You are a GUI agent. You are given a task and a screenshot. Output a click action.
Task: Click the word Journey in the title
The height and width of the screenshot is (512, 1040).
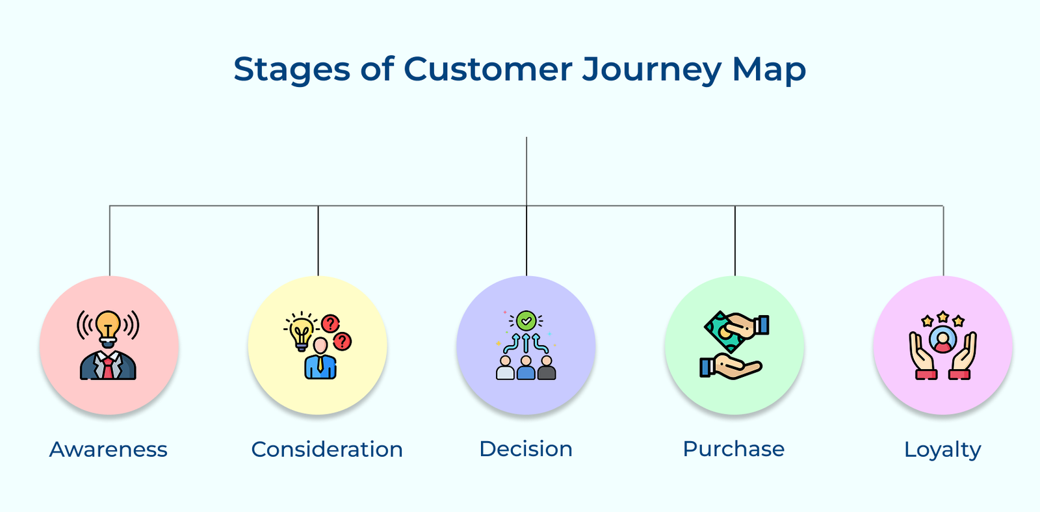(651, 69)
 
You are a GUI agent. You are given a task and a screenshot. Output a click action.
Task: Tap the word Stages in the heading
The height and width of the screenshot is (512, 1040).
(291, 69)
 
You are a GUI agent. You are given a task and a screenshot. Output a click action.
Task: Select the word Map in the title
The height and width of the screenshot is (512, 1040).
(769, 69)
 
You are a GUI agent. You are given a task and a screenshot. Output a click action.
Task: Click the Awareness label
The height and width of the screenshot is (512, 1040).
(109, 449)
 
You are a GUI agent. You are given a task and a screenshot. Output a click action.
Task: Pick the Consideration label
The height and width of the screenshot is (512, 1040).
(327, 449)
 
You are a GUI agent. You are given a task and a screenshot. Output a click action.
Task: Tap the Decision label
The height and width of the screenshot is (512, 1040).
(526, 449)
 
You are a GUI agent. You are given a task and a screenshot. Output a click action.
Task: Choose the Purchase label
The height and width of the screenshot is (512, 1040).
(734, 449)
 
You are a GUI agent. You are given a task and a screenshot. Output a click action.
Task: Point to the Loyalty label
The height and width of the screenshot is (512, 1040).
(942, 450)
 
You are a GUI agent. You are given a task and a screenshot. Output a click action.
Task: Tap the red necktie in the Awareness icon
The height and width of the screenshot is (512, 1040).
(108, 368)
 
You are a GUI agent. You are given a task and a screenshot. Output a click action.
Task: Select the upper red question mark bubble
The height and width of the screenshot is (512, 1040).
(331, 323)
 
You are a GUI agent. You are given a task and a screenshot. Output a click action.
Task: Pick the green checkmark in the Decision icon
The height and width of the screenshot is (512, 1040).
(526, 320)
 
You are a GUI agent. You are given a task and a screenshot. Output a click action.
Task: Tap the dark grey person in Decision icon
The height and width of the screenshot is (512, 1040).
(547, 368)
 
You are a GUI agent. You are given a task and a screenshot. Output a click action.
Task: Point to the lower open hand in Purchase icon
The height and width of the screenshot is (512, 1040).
(734, 367)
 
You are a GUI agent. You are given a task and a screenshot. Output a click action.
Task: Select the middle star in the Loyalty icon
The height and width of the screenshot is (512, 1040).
(942, 317)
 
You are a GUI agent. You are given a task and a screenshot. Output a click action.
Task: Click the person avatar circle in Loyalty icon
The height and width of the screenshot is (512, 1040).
(942, 339)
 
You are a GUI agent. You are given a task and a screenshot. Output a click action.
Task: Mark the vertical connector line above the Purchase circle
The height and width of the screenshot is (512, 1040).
(735, 240)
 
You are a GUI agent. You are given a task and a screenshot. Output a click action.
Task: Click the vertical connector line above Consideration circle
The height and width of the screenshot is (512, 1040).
(318, 240)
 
